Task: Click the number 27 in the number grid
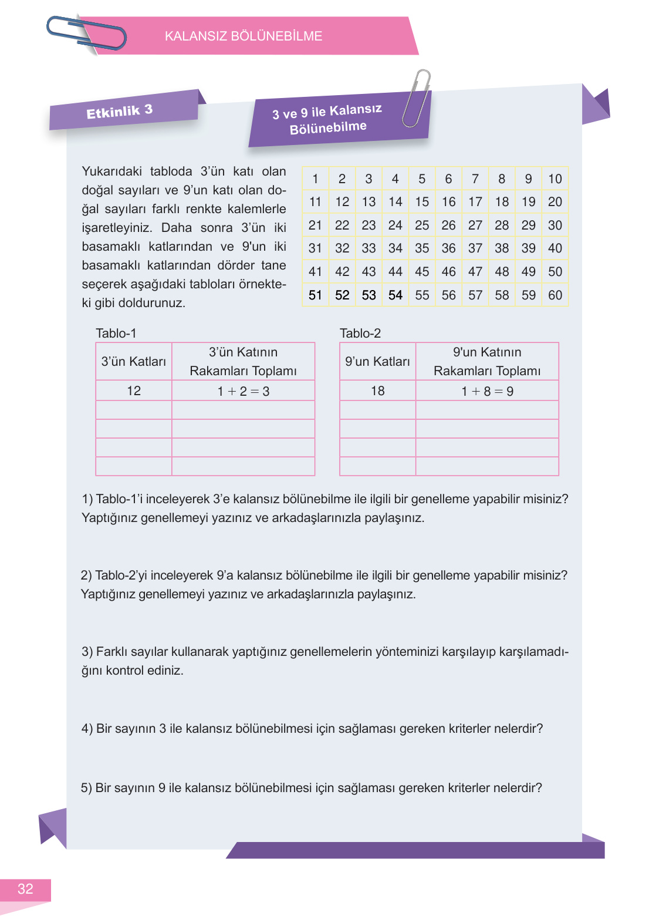475,225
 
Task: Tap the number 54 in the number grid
395,295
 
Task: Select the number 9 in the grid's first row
528,179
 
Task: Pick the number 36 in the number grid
448,248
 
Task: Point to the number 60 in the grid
555,295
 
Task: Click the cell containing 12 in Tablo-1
134,390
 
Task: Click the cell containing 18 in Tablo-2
377,390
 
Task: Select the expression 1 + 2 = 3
243,391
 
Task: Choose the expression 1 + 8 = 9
487,391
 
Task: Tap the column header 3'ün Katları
134,362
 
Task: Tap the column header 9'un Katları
377,362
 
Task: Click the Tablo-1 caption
116,334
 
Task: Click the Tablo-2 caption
360,334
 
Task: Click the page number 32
25,889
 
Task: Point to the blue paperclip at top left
86,33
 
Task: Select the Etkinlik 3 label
120,111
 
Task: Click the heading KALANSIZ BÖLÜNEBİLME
243,36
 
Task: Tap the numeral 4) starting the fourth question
87,729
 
